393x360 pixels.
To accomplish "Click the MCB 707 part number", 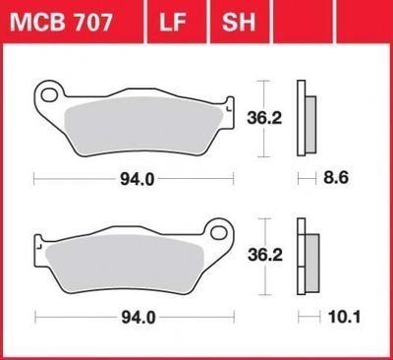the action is click(x=61, y=23).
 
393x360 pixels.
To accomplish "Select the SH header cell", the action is click(x=239, y=22).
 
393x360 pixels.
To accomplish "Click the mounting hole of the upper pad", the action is click(x=49, y=95).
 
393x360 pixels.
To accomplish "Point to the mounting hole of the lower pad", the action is click(x=218, y=232).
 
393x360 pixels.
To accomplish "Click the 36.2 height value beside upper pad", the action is click(x=264, y=118).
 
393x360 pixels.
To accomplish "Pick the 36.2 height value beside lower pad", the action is click(x=265, y=255).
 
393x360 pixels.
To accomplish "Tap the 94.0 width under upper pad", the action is click(x=138, y=179).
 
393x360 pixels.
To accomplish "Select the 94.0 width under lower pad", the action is click(x=139, y=318).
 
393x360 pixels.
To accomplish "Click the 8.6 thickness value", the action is click(x=336, y=178).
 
